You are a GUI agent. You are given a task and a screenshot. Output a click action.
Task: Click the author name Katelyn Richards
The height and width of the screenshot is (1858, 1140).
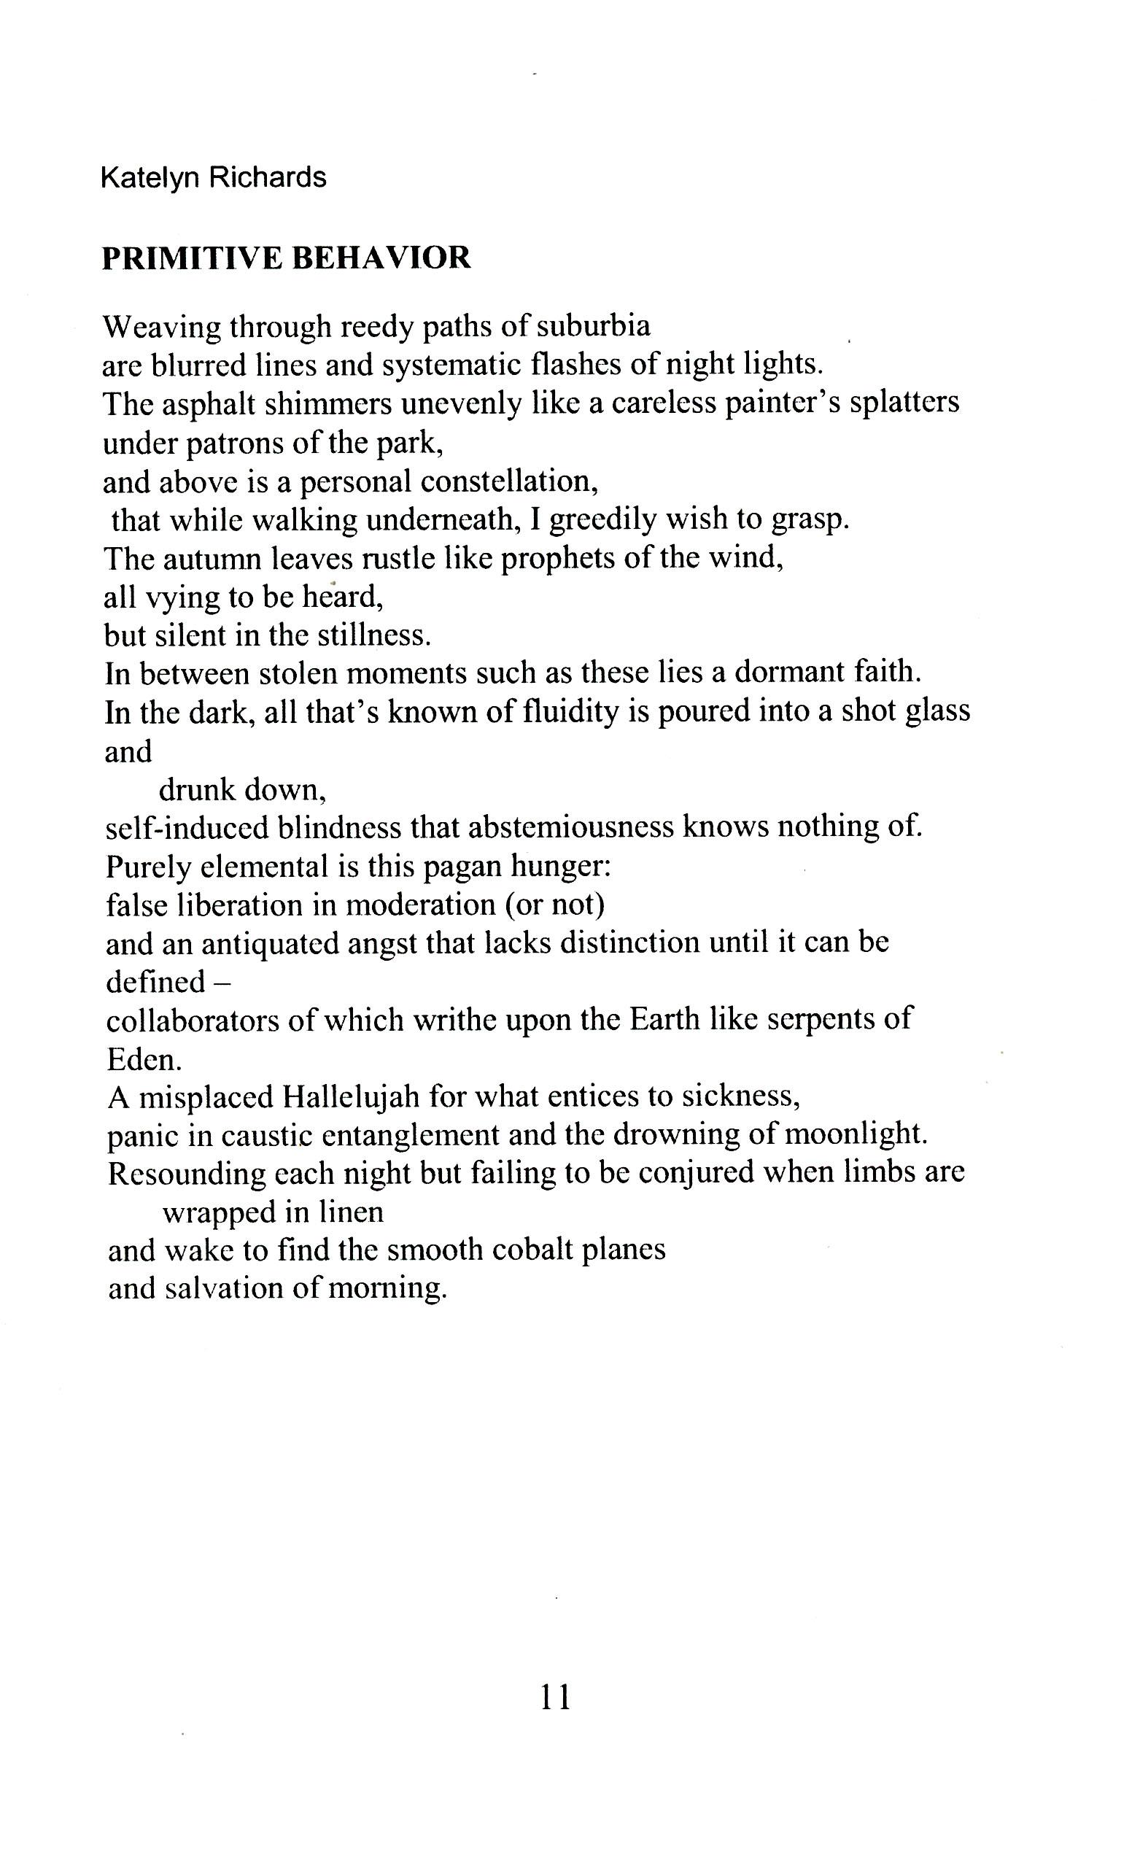[214, 178]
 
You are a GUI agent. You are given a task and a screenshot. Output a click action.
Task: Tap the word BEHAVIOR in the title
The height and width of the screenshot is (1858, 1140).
[381, 259]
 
